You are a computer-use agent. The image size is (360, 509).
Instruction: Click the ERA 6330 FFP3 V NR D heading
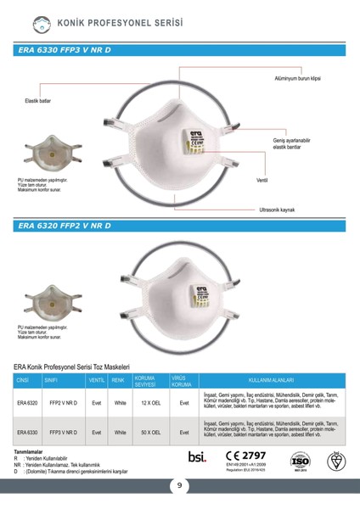[x=65, y=51]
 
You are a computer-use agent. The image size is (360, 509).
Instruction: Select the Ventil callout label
[x=262, y=181]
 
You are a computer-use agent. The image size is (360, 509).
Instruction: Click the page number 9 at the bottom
[x=180, y=486]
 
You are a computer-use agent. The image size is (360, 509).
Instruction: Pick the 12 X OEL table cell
[x=150, y=403]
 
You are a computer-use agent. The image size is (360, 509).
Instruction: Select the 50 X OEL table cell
[x=150, y=432]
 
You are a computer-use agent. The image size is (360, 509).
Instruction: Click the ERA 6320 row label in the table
[x=27, y=403]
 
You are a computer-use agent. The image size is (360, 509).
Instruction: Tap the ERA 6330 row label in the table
[x=27, y=432]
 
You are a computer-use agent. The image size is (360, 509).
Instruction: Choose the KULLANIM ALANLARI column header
[x=270, y=380]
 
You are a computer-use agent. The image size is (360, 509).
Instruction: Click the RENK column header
[x=119, y=380]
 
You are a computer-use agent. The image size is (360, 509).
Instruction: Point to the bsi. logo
[x=197, y=457]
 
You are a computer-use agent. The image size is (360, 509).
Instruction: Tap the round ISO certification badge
[x=301, y=461]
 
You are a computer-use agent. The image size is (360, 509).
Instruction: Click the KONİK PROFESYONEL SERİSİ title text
[x=110, y=22]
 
